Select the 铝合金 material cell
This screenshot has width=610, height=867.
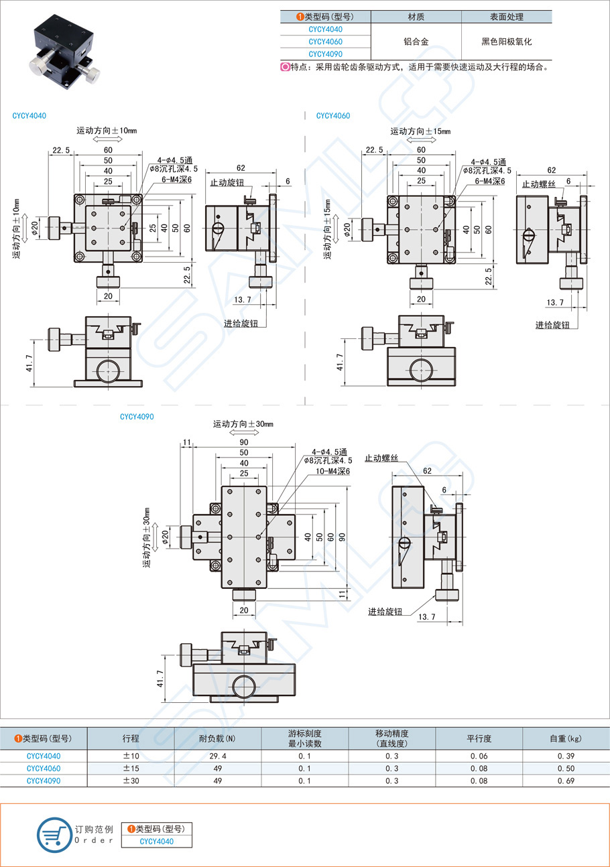point(416,42)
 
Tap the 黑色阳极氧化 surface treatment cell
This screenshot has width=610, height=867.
point(506,42)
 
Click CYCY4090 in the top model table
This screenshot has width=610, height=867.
point(325,54)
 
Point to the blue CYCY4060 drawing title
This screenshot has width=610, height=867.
point(333,116)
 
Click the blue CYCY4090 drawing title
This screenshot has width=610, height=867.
point(137,416)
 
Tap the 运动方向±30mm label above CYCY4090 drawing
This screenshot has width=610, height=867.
point(243,424)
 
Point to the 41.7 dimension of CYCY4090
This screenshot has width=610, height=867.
point(160,679)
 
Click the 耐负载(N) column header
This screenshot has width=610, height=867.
point(218,738)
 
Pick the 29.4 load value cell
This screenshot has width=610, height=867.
point(218,756)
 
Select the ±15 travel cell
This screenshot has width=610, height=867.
point(131,769)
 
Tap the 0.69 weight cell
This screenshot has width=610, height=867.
point(565,781)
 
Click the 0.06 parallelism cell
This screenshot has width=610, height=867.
point(479,756)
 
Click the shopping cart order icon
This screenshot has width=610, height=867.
point(54,835)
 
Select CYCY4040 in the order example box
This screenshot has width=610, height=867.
point(156,842)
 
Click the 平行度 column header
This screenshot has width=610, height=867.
point(479,738)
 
